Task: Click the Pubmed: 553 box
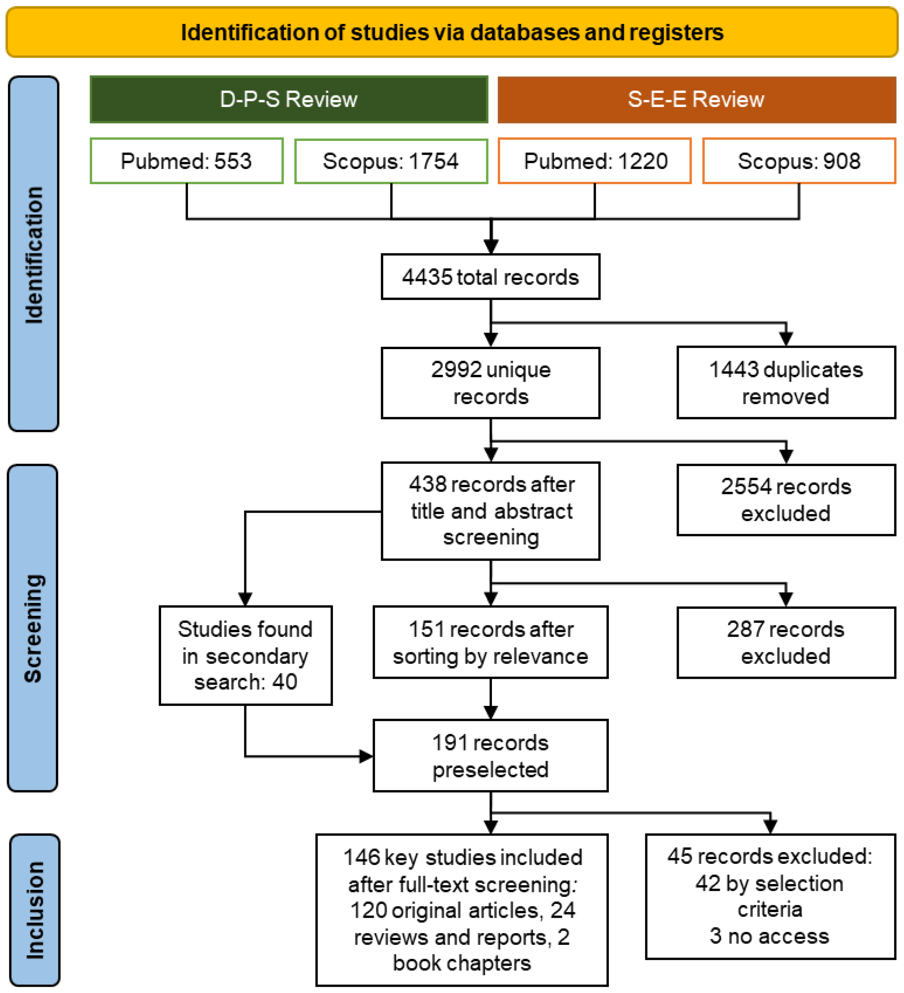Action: (187, 161)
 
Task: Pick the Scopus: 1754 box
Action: (391, 161)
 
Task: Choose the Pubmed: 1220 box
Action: (595, 161)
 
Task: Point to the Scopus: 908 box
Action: (799, 161)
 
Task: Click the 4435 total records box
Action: (490, 277)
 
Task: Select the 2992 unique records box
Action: (490, 383)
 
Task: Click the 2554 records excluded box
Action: (786, 500)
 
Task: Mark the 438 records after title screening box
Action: (490, 511)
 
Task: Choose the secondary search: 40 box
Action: (245, 656)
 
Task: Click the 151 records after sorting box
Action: (490, 642)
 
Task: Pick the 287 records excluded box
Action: (786, 643)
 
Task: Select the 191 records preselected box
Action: (490, 756)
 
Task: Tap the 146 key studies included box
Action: (462, 910)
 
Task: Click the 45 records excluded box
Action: (770, 897)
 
